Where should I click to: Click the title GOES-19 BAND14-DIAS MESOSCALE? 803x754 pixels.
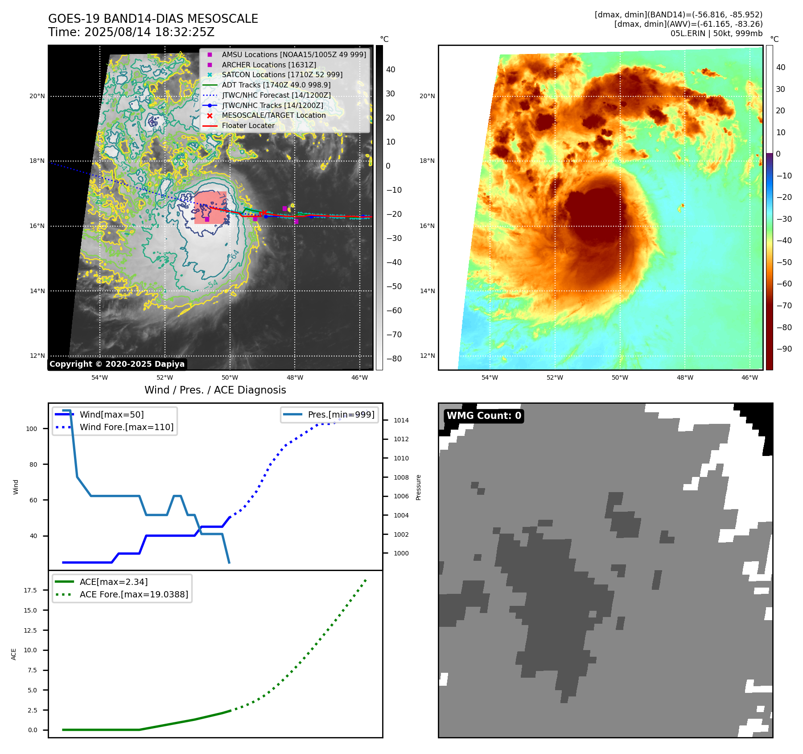point(153,19)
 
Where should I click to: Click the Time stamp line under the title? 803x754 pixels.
point(131,32)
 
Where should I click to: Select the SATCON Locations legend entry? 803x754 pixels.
point(282,75)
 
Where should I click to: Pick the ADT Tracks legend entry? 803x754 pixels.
point(276,85)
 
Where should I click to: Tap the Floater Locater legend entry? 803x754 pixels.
point(248,125)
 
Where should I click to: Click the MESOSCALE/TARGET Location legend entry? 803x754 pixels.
point(273,115)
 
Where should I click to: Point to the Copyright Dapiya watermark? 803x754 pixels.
point(117,364)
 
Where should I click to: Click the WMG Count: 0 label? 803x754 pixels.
point(484,416)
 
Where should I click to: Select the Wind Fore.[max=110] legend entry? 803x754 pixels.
point(126,427)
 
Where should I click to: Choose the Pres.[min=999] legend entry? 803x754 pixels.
point(341,414)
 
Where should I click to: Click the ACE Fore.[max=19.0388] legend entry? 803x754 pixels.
point(134,594)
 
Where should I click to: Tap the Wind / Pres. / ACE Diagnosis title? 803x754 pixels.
point(215,390)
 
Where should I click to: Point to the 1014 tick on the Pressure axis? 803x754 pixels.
point(401,420)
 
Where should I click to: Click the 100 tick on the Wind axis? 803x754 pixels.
point(32,429)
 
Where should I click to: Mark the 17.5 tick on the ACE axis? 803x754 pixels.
point(30,590)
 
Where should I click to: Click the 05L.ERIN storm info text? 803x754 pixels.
point(716,33)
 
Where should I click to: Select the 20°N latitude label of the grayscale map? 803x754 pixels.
point(37,96)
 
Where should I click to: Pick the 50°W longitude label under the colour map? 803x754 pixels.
point(620,377)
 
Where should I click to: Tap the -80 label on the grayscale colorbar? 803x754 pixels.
point(394,359)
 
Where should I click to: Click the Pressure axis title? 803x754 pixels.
point(418,487)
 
